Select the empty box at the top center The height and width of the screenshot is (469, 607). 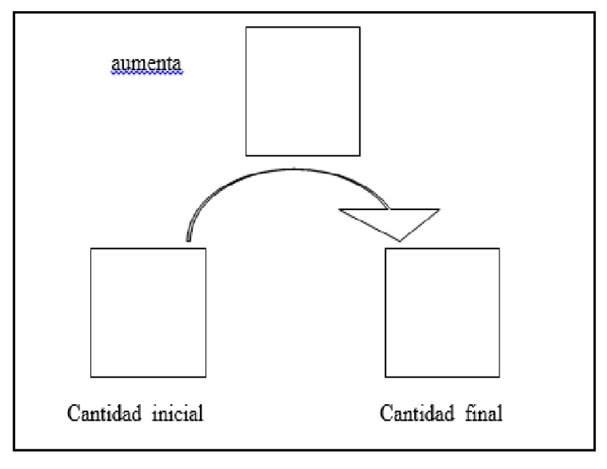pos(303,91)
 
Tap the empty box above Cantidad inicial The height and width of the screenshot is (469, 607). pos(148,312)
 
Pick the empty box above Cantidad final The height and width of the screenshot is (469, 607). pos(442,312)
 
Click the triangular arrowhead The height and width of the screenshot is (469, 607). pos(390,220)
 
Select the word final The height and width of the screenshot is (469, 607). pos(483,413)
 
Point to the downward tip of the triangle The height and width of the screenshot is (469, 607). pos(401,241)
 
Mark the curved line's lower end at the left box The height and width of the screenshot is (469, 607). pos(188,239)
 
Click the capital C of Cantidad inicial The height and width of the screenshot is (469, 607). pos(74,413)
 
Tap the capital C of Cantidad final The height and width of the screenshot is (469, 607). pos(386,413)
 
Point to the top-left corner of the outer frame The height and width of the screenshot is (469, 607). pos(15,13)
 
